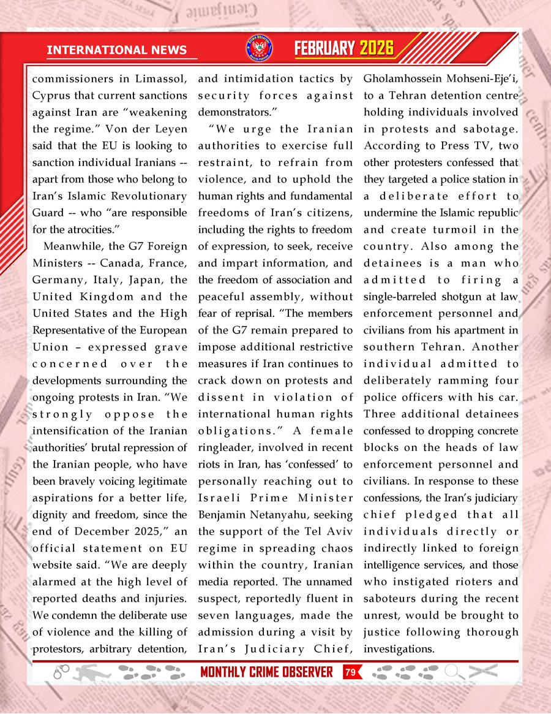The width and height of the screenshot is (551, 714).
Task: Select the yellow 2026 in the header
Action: [x=377, y=48]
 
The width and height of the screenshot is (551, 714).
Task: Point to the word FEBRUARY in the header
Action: [x=325, y=48]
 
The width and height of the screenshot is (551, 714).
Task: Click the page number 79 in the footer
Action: [x=350, y=672]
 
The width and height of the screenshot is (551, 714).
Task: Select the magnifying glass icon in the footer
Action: [x=453, y=672]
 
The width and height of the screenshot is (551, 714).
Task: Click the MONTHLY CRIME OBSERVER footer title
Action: [x=266, y=672]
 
